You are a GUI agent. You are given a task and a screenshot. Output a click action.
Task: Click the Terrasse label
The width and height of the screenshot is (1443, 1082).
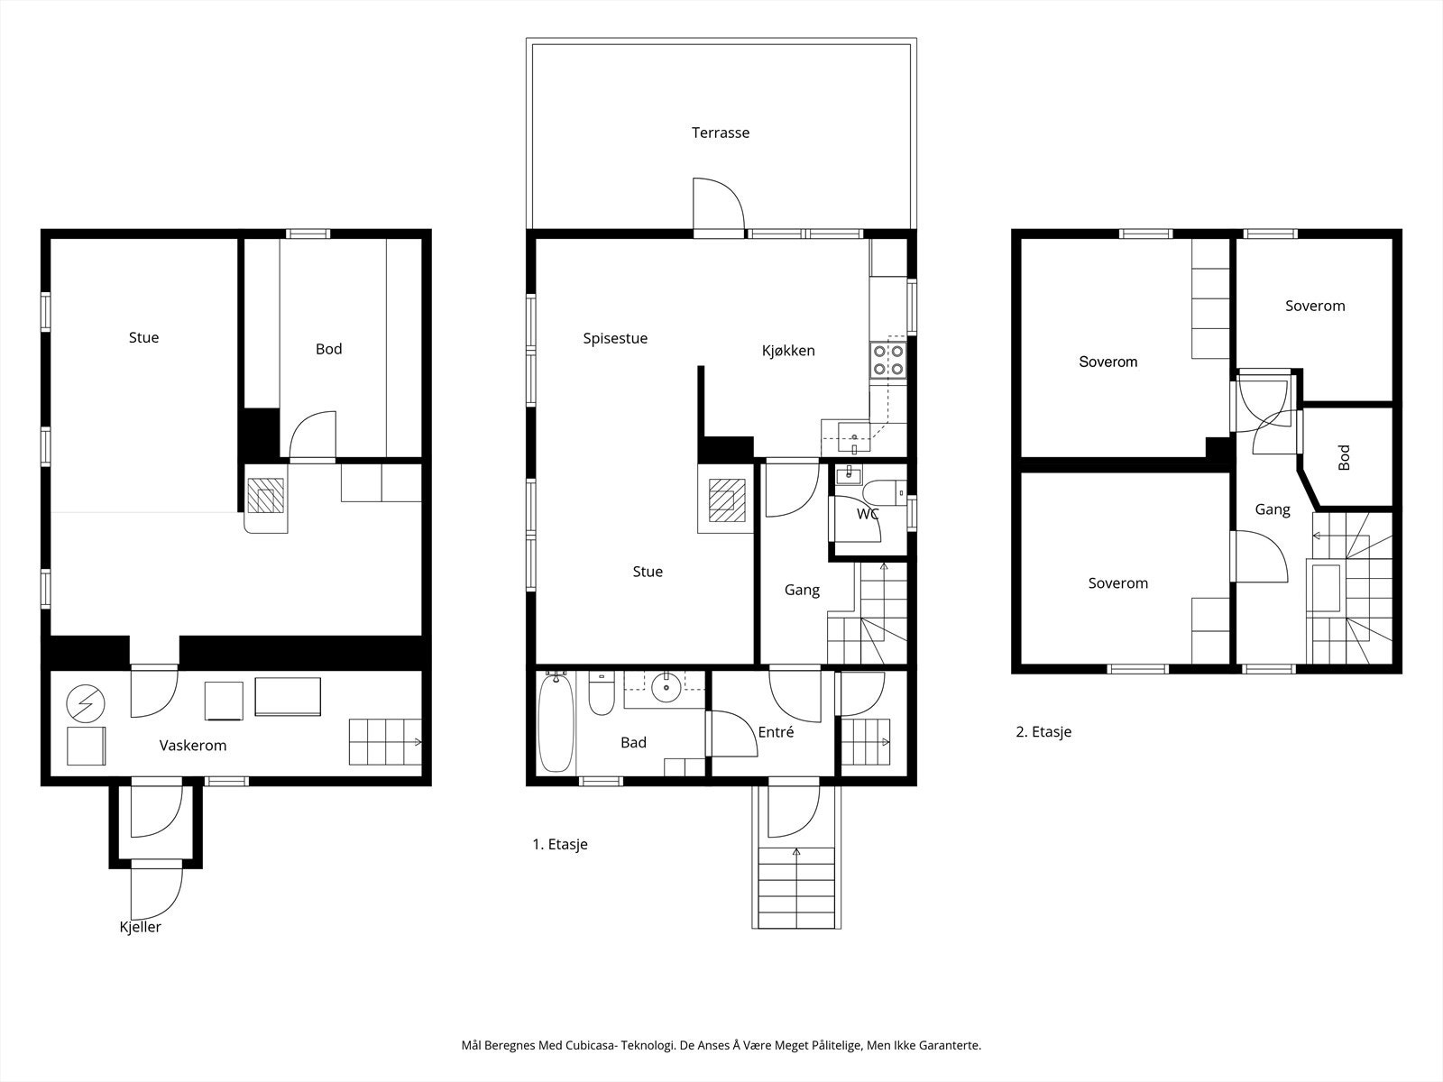pos(721,133)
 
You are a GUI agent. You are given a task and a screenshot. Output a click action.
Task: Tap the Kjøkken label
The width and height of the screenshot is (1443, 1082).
pos(788,351)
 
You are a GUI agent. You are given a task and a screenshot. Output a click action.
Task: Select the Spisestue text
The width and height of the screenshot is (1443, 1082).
pos(615,338)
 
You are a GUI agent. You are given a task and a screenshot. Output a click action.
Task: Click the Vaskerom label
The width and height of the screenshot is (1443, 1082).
pos(193,746)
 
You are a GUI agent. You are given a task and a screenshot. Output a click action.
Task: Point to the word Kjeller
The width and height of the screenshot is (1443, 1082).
pos(140,927)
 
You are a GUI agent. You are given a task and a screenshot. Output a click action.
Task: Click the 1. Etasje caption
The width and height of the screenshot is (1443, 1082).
pos(560,844)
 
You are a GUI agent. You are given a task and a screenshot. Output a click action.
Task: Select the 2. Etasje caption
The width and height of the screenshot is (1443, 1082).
pos(1044,732)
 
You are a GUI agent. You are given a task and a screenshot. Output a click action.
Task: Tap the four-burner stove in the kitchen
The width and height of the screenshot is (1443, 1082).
pos(887,360)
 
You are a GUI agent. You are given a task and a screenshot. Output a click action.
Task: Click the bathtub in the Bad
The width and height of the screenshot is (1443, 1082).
pos(556,721)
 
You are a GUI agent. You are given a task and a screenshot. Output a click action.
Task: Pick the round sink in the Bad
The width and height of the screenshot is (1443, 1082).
pos(666,687)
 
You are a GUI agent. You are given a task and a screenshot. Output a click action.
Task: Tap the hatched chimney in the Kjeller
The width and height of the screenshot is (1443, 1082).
pos(265,495)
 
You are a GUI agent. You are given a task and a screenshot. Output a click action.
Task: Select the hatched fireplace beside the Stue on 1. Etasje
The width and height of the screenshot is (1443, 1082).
pos(726,500)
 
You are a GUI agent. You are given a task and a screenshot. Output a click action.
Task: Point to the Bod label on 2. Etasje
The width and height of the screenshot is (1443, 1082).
pos(1344,457)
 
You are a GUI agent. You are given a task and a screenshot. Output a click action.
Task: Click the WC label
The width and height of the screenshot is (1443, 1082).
pos(868,514)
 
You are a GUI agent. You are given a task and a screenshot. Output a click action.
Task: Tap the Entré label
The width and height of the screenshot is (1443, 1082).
pos(776,732)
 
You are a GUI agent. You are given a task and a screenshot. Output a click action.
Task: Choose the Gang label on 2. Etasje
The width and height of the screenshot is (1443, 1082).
pos(1273,509)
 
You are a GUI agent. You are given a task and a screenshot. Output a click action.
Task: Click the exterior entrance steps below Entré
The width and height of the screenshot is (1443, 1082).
pos(796,887)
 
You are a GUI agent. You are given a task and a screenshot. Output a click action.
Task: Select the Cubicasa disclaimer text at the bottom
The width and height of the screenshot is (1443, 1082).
pos(721,1044)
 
